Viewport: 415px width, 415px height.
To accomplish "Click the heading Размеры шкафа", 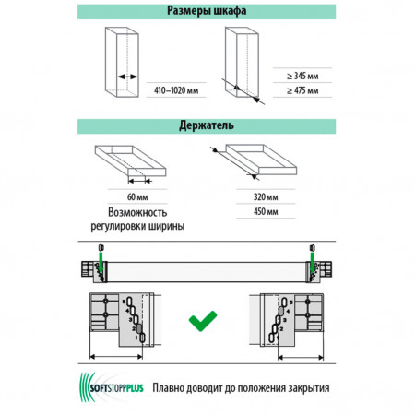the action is point(207,11).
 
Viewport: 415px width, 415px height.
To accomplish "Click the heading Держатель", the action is point(207,125).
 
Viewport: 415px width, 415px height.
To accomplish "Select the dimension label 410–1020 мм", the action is point(176,90).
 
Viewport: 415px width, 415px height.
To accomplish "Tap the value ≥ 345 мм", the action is point(302,76).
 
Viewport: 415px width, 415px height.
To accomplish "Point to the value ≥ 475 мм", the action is point(302,90).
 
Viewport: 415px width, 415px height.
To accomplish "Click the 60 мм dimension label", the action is point(137,196).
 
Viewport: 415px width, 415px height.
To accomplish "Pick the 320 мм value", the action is point(266,196).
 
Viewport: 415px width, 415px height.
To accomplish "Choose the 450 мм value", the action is point(266,211).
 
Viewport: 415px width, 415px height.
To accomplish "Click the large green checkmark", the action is point(203,321).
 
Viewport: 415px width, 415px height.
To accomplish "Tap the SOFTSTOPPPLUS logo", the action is point(112,387).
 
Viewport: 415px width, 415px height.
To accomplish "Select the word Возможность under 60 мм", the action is point(137,212).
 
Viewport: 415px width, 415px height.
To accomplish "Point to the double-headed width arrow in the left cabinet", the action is point(127,77).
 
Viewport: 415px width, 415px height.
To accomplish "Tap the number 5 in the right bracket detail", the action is point(290,302).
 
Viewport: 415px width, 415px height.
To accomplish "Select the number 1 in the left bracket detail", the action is point(136,338).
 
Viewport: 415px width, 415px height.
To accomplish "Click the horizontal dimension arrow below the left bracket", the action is point(116,357).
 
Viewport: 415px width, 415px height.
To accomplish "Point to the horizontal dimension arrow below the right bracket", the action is point(301,357).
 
